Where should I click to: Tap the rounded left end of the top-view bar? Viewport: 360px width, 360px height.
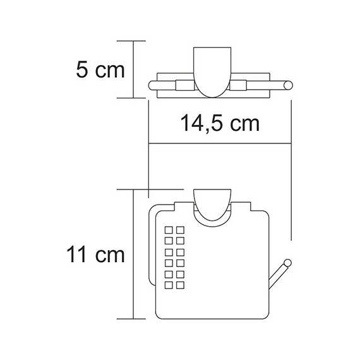[151, 87]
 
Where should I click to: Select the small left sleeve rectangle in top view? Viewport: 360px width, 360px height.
[183, 87]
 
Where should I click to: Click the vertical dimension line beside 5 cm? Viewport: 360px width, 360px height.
[133, 69]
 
